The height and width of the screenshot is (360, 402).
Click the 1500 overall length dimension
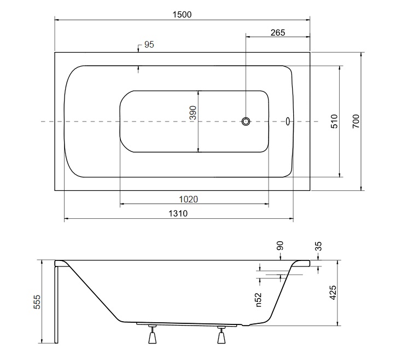[182, 15]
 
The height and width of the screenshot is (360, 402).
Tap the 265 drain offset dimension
[278, 33]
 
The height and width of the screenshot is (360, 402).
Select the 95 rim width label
[149, 45]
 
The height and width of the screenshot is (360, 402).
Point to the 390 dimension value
[193, 113]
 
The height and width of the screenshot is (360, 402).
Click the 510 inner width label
[334, 121]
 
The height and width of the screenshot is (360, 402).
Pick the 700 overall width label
[356, 121]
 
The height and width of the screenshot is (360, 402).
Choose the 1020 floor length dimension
[189, 199]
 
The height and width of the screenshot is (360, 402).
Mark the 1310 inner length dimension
[178, 213]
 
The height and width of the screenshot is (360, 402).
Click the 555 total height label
[37, 302]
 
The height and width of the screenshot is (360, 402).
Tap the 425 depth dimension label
[333, 293]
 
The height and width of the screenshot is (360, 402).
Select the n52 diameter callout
[258, 300]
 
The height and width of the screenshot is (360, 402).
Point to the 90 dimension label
[280, 246]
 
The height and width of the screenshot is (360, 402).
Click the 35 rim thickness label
[318, 246]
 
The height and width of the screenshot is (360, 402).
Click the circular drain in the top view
[246, 121]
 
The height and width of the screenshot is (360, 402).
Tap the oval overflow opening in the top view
[288, 121]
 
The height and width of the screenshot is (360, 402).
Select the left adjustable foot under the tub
[152, 334]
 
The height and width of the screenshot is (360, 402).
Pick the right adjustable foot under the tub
[222, 335]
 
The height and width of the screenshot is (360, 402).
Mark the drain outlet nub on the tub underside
[246, 325]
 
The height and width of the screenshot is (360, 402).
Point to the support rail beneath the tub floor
[187, 324]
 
